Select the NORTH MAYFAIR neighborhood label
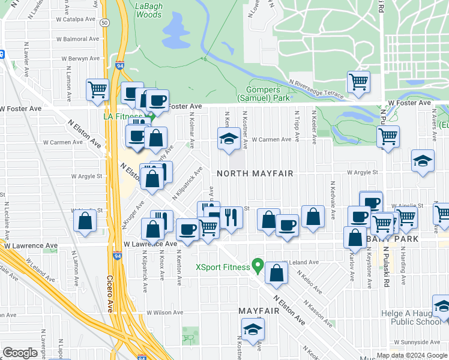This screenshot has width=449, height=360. [x=255, y=173]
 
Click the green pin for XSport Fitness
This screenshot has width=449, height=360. [x=258, y=263]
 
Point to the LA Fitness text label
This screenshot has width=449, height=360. [x=122, y=116]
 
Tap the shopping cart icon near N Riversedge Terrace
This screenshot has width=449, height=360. [x=358, y=81]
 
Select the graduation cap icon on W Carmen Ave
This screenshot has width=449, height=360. [x=228, y=139]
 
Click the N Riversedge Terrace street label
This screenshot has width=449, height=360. [x=316, y=88]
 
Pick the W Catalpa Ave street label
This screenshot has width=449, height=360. [x=77, y=19]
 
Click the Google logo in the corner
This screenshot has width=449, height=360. [x=20, y=353]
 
